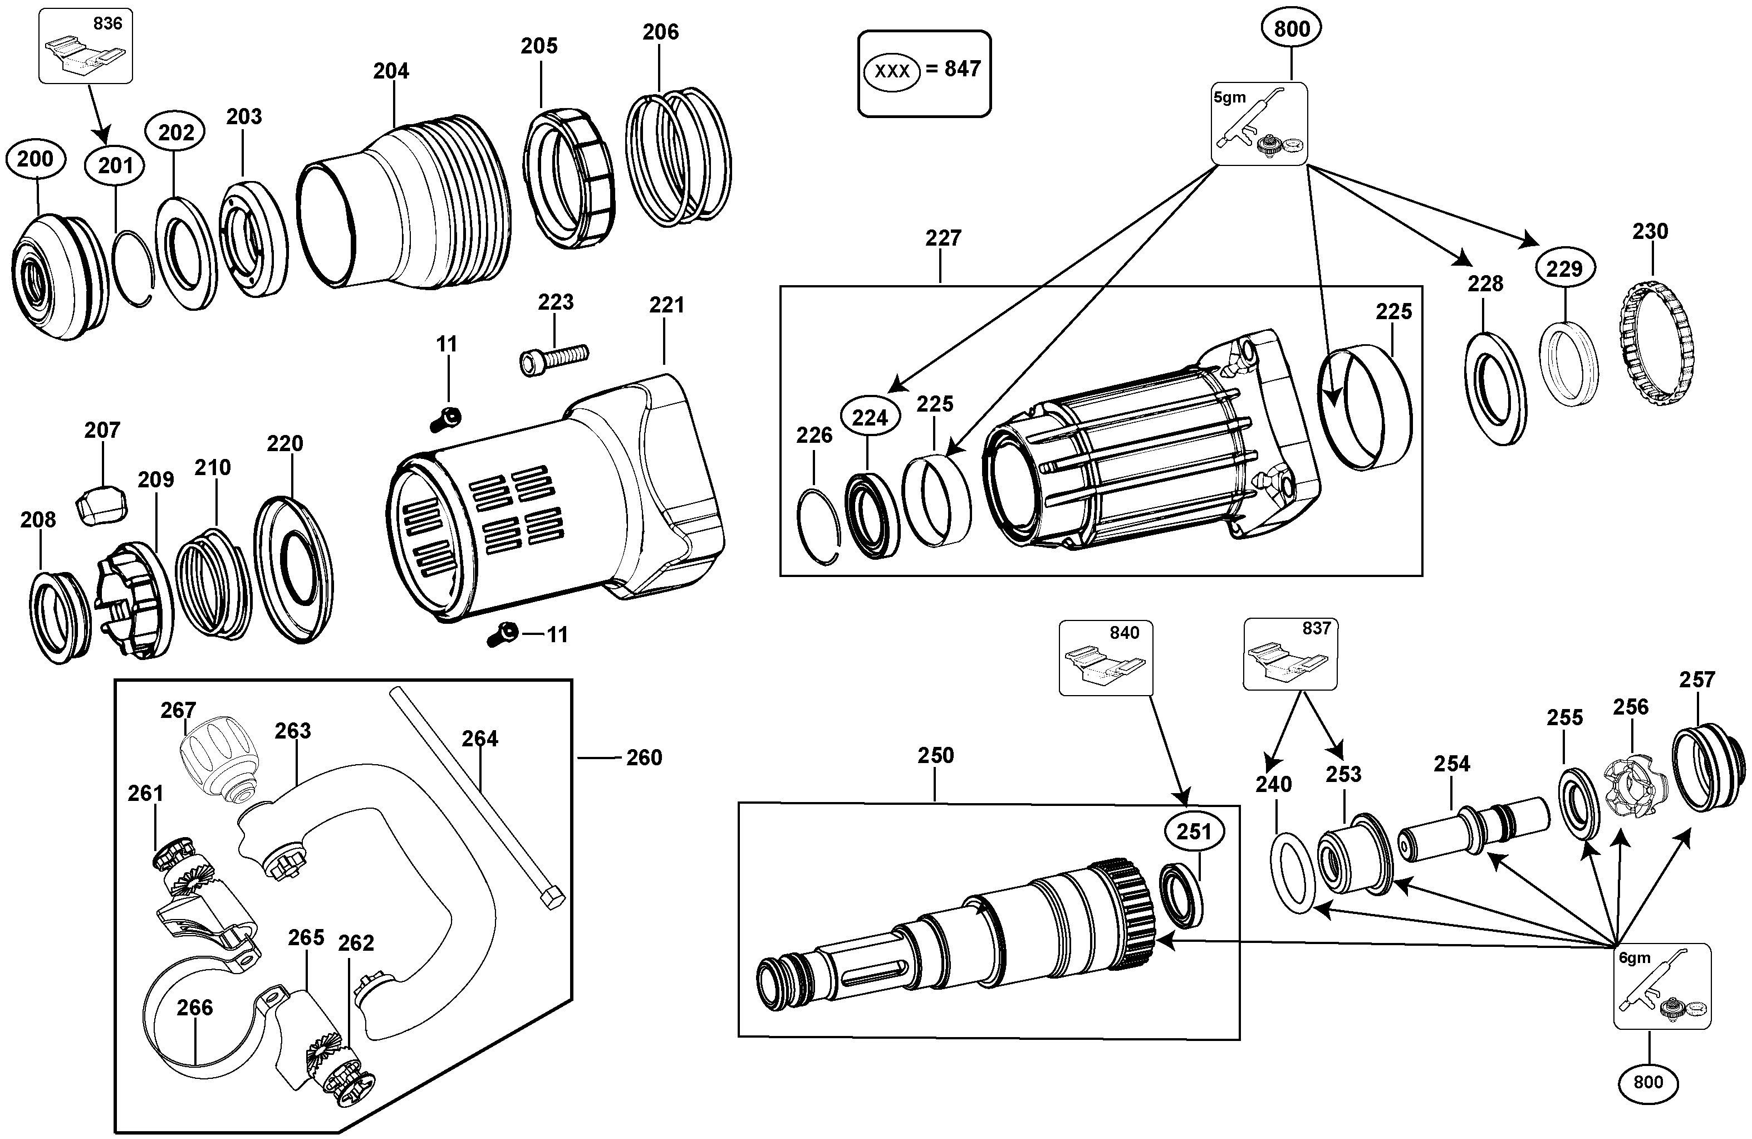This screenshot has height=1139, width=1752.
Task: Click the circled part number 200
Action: click(35, 159)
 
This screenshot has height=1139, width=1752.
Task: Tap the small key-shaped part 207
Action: click(101, 505)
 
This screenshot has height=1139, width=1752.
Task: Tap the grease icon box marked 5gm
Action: click(1259, 124)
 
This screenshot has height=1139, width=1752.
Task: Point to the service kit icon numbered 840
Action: click(1106, 657)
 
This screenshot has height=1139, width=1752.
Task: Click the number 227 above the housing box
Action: click(943, 238)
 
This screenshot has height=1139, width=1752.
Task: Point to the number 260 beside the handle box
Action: click(644, 757)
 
